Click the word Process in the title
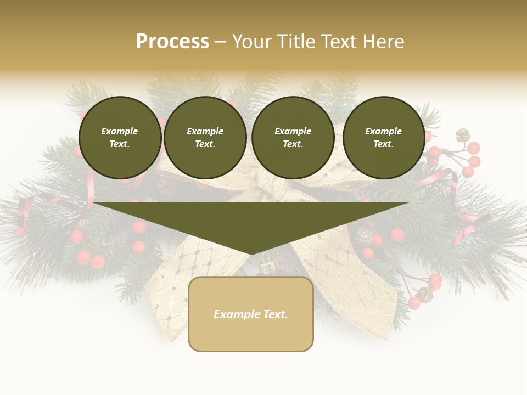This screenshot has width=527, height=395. tap(172, 42)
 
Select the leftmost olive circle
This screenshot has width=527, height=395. tap(120, 138)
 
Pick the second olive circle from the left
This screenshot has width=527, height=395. tap(205, 138)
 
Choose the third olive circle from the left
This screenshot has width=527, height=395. tap(293, 138)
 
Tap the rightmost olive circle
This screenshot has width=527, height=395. tap(384, 138)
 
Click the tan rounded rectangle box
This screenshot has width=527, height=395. tap(251, 329)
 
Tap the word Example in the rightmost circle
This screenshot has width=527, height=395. tap(384, 131)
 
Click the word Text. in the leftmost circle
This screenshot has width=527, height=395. tap(120, 144)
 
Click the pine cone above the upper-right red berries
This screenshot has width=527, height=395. tap(463, 135)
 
